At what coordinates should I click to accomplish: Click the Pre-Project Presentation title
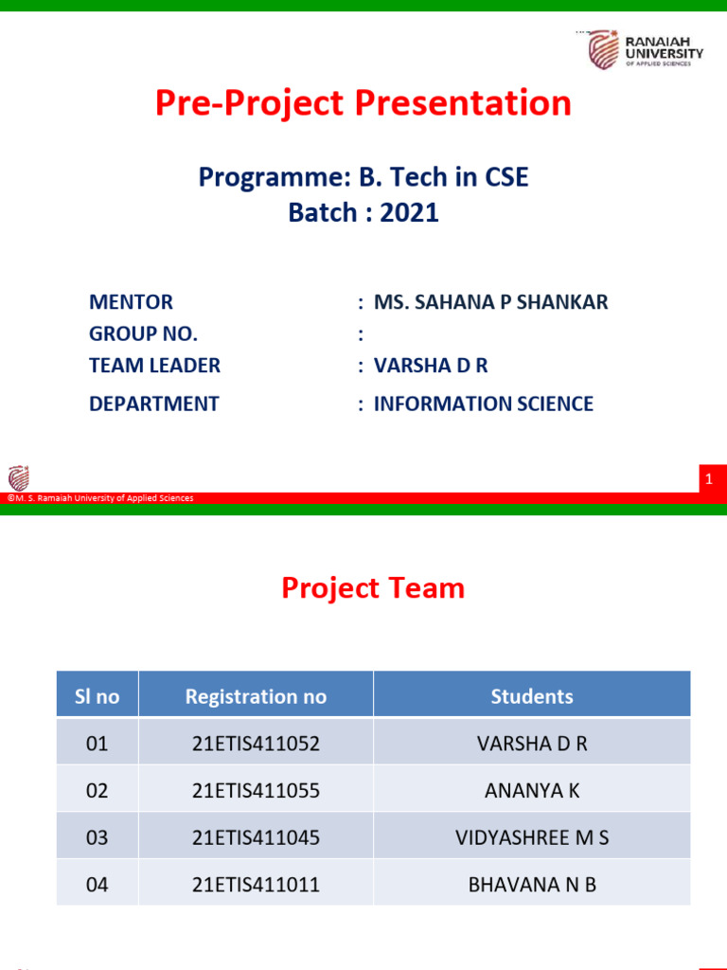pos(363,103)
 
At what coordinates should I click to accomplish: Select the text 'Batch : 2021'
pos(363,212)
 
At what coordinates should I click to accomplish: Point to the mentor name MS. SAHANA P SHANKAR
pos(490,302)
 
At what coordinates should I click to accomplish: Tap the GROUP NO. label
pos(143,333)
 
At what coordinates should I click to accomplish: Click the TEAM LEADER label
pos(154,366)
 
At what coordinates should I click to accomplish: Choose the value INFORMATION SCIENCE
pos(483,404)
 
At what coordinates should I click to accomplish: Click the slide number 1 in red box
pos(708,481)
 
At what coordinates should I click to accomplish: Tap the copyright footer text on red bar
pos(100,498)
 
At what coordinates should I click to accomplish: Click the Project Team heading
pos(373,588)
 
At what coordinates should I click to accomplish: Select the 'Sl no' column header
pos(98,696)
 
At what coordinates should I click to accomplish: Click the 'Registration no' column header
pos(256,696)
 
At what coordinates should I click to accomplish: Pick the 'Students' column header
pos(532,696)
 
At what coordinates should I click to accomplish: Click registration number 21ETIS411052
pos(256,744)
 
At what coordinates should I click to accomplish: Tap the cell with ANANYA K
pos(532,790)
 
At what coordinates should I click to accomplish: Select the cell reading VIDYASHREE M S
pos(532,837)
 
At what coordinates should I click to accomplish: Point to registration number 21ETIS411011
pos(256,885)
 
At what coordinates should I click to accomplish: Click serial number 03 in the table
pos(98,837)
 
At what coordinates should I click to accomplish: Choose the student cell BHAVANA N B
pos(532,885)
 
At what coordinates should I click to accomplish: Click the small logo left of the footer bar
pos(19,478)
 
